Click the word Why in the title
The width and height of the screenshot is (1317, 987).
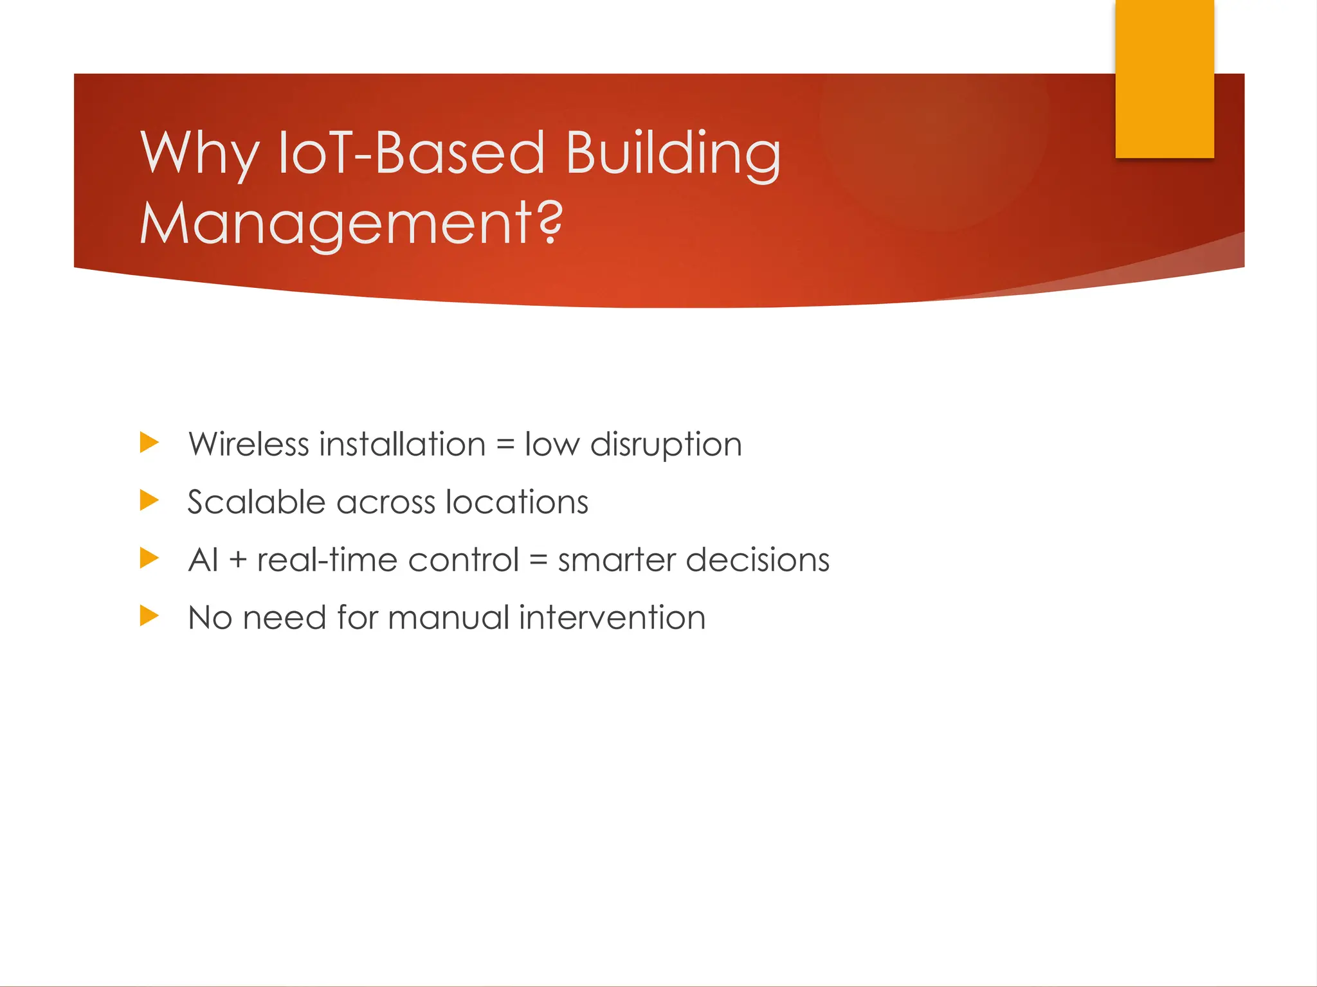pyautogui.click(x=199, y=154)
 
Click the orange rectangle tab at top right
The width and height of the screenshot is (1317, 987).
pyautogui.click(x=1164, y=78)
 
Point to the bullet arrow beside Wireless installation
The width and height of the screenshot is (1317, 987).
pyautogui.click(x=149, y=443)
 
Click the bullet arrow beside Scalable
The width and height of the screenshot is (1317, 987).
pyautogui.click(x=149, y=501)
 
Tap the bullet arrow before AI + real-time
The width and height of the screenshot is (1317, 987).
pyautogui.click(x=149, y=558)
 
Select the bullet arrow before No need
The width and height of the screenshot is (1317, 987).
pyautogui.click(x=149, y=616)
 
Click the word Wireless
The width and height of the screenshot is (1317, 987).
pyautogui.click(x=249, y=445)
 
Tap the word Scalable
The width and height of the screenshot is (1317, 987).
pyautogui.click(x=257, y=502)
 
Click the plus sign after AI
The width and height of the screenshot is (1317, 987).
pyautogui.click(x=237, y=561)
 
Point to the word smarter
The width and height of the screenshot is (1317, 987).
pyautogui.click(x=616, y=560)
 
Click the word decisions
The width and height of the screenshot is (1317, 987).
pyautogui.click(x=757, y=560)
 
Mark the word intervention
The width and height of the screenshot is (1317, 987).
pyautogui.click(x=612, y=618)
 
